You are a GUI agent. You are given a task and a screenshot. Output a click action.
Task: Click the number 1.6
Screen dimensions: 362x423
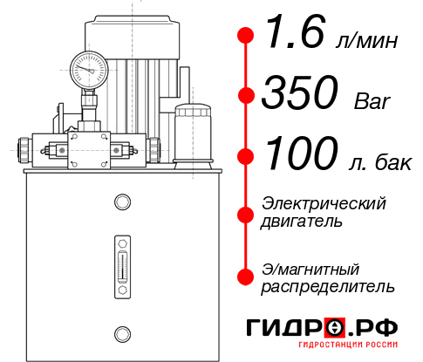tap(292, 35)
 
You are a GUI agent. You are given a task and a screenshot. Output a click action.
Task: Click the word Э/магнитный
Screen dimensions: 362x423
tap(310, 268)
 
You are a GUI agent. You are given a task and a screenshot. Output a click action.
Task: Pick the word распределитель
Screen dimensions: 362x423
tap(328, 285)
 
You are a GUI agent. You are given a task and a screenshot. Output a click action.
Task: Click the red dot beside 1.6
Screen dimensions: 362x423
tap(246, 36)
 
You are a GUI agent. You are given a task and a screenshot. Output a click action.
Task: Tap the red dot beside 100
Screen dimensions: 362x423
tap(246, 156)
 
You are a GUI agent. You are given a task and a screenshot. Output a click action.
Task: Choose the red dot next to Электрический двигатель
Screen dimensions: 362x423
tap(246, 212)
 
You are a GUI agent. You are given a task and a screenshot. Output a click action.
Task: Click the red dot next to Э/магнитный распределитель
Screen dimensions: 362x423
tap(246, 277)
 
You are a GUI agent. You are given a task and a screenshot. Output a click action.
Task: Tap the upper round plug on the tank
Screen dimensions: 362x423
tap(121, 202)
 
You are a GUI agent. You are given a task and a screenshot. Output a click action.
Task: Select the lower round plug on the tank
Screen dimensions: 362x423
tap(121, 331)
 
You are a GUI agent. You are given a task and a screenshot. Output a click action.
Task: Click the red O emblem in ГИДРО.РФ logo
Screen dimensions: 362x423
tap(335, 328)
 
